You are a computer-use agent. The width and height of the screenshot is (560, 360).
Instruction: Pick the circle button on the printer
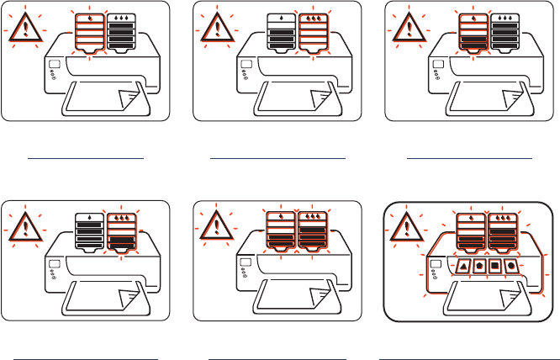(510, 267)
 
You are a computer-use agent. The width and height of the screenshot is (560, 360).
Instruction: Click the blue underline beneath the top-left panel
(87, 156)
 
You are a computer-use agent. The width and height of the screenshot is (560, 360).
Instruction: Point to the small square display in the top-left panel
(55, 65)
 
